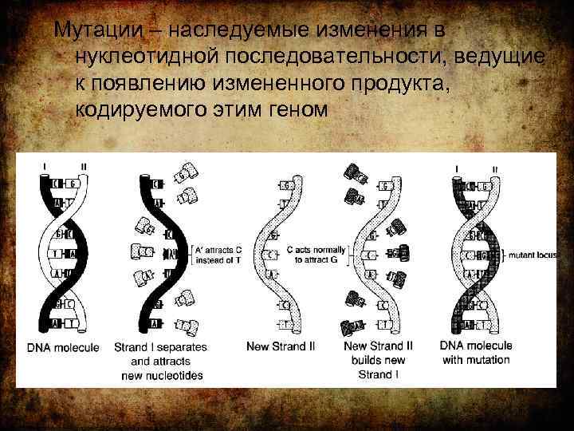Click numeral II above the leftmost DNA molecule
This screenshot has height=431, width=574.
84,167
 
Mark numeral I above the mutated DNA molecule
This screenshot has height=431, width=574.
456,168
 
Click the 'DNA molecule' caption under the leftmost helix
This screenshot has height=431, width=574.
64,347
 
